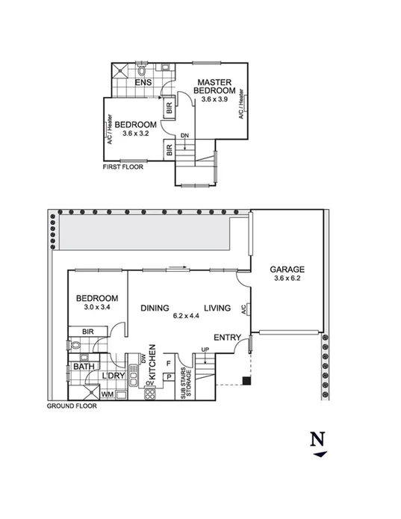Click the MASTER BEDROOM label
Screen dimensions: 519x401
(214, 86)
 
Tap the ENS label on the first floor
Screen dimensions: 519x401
(143, 82)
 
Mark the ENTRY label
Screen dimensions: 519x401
(227, 338)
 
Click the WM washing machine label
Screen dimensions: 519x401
(107, 393)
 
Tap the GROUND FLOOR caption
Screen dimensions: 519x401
(71, 407)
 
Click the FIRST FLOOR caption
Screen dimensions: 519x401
(122, 167)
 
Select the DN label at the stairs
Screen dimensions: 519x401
(184, 136)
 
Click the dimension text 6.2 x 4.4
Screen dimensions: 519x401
(187, 316)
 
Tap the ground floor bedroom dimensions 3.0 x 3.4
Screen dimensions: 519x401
(98, 306)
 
